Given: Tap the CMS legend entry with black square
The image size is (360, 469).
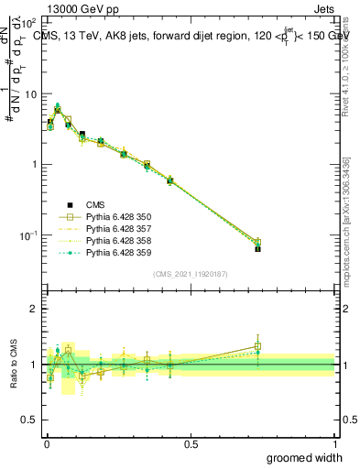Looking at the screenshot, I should (x=96, y=205).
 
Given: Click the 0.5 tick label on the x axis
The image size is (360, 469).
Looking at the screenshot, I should (x=191, y=444).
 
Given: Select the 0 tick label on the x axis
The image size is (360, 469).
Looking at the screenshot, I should (x=46, y=444).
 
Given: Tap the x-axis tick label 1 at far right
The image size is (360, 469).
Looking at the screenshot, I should (x=334, y=444).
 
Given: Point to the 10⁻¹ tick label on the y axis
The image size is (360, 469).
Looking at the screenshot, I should (x=29, y=235).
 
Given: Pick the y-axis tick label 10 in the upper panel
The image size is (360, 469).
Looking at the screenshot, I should (x=31, y=94).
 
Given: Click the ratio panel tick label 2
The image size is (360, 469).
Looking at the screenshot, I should (x=36, y=309).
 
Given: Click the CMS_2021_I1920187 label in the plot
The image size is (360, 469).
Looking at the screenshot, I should (x=191, y=274).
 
